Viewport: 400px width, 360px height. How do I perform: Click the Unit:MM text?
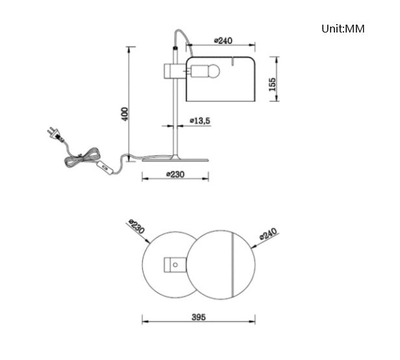click(x=343, y=29)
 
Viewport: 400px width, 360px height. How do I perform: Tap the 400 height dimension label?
click(x=125, y=113)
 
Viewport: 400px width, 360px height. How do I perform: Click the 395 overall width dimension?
click(x=199, y=317)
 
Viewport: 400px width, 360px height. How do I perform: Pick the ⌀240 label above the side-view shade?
click(x=223, y=41)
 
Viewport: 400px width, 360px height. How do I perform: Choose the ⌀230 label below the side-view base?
click(x=176, y=174)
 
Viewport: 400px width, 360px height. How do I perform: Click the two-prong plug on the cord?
click(x=54, y=135)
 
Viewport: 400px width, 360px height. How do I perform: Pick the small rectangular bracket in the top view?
click(x=174, y=264)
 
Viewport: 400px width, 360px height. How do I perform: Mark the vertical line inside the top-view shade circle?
click(x=232, y=264)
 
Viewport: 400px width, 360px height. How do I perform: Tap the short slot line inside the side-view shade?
click(x=230, y=64)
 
